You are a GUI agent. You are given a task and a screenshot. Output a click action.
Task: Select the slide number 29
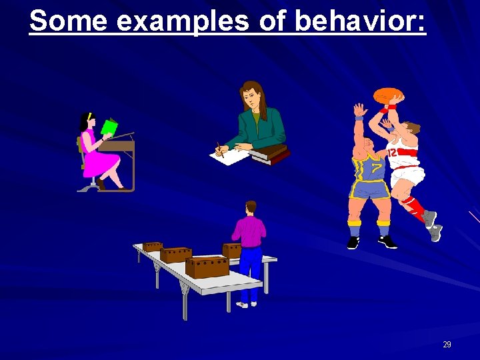[447, 345]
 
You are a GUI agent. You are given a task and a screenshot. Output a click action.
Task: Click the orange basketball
[388, 95]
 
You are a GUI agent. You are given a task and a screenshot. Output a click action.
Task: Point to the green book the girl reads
[109, 127]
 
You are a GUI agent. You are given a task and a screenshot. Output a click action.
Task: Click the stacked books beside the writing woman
[270, 155]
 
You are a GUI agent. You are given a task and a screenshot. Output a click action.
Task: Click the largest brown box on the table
[207, 267]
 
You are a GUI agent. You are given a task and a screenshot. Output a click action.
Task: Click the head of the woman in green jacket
[251, 96]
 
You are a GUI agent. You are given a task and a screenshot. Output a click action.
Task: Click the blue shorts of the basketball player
[370, 190]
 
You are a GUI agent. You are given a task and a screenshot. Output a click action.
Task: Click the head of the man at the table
[251, 207]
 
